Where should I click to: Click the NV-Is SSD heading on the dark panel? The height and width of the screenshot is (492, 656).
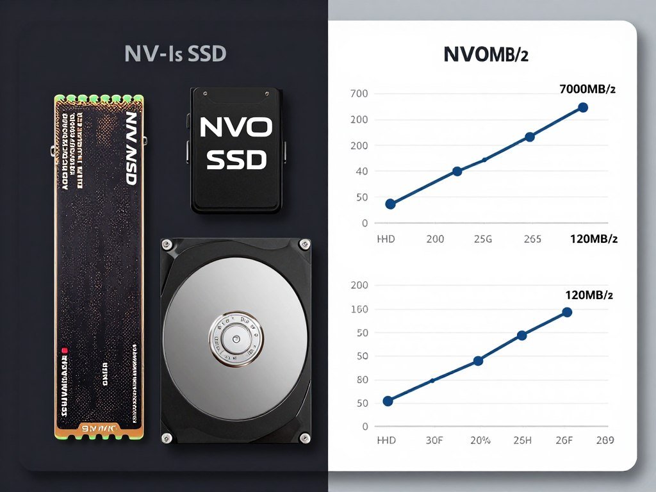176,54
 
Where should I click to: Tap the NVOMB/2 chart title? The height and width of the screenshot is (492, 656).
486,55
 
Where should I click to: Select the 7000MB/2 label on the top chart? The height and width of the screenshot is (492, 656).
587,90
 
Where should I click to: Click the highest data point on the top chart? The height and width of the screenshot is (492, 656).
583,107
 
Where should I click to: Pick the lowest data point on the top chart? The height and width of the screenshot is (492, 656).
390,204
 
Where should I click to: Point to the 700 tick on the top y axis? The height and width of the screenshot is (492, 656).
359,94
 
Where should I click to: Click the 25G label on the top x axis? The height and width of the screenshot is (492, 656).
482,239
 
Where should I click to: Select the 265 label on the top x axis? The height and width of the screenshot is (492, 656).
532,239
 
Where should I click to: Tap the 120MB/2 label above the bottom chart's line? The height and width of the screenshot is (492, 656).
589,295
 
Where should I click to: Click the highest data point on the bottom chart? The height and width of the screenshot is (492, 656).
567,312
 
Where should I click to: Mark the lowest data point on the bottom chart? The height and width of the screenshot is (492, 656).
388,401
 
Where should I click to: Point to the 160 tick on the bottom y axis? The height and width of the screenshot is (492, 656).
359,309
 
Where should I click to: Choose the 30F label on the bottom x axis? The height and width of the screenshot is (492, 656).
434,440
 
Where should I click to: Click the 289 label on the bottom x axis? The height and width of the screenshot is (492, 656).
604,440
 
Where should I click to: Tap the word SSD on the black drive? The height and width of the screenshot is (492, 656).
236,160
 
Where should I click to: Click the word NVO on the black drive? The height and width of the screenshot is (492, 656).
236,127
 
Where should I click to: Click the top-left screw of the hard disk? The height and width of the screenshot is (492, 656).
167,243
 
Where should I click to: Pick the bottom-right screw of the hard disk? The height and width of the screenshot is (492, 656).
304,437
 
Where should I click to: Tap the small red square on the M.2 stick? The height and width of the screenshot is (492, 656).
64,350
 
